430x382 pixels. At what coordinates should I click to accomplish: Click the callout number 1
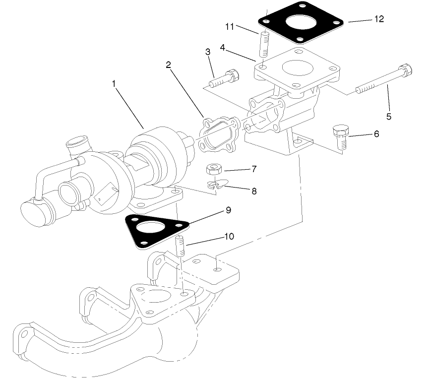(x=114, y=84)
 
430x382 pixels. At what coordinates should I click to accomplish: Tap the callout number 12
(x=379, y=19)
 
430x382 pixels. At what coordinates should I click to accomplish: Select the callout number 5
(x=389, y=117)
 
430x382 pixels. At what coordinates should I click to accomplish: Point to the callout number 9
(x=228, y=210)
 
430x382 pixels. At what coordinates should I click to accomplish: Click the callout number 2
(x=169, y=64)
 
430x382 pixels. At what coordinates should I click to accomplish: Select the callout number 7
(x=254, y=169)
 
